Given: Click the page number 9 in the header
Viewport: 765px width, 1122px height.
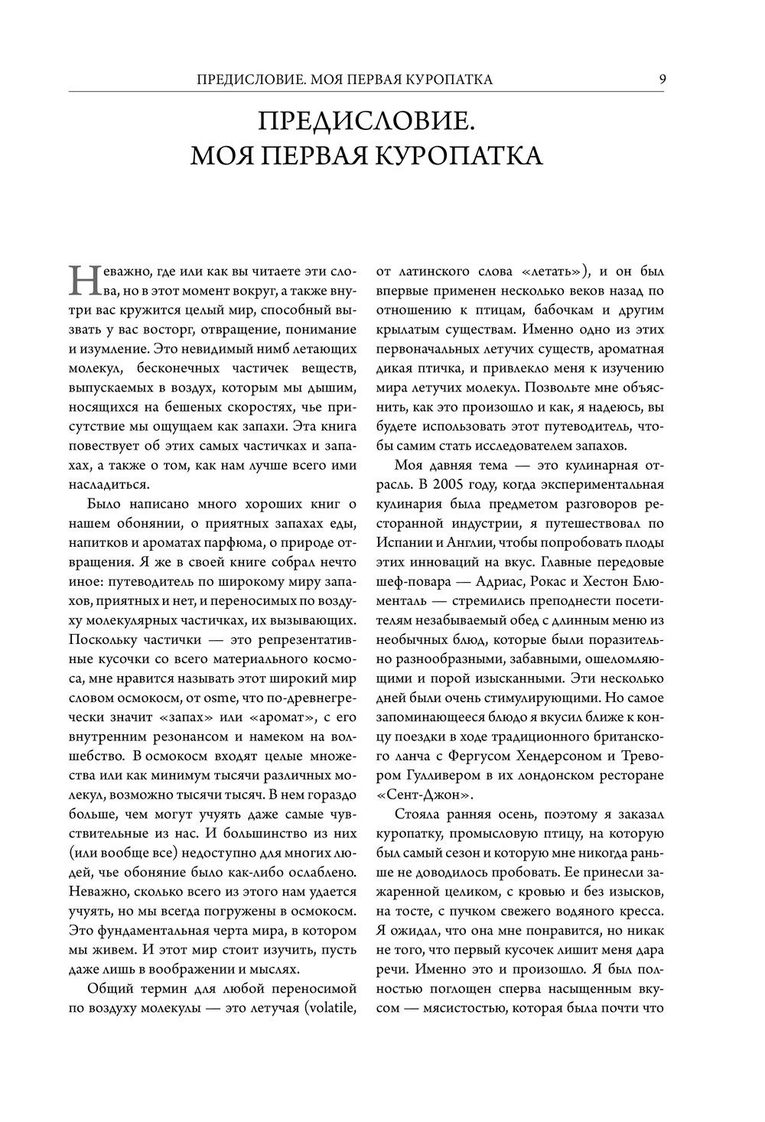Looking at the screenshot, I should (661, 79).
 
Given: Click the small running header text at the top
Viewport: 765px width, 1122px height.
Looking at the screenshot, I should (344, 80).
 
